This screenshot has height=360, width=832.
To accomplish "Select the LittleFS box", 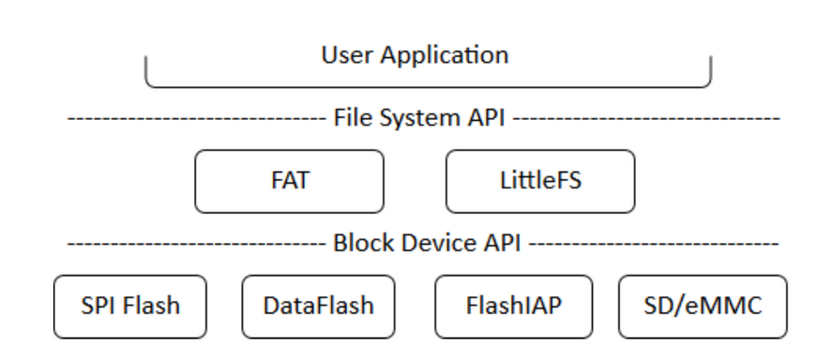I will [x=539, y=181].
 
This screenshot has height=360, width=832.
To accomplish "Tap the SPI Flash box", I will [x=131, y=306].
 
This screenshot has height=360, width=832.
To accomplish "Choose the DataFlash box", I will [x=318, y=306].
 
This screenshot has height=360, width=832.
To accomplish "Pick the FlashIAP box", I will [x=513, y=306].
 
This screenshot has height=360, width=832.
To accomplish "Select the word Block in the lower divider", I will [x=357, y=246].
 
